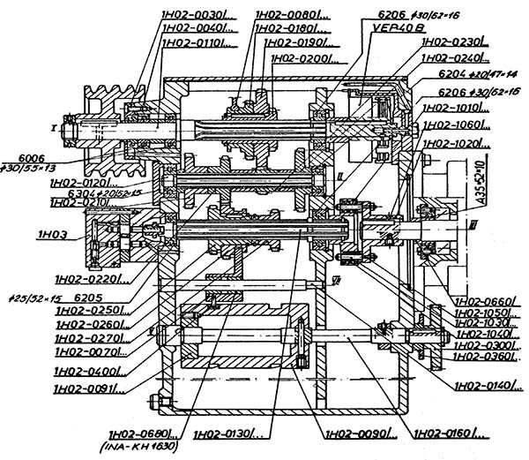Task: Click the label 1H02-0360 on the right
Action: tap(485, 356)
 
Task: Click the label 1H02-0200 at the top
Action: tap(302, 58)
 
